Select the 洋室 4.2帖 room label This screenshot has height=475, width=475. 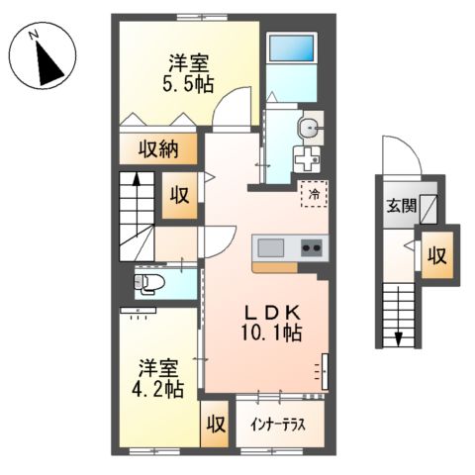159,377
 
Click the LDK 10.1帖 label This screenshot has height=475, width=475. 266,322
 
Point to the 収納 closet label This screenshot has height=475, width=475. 156,149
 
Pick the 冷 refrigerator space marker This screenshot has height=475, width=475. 314,194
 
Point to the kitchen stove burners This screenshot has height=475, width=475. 312,247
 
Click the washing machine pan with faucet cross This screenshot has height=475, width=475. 306,158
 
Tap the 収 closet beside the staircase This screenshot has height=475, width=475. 179,194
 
